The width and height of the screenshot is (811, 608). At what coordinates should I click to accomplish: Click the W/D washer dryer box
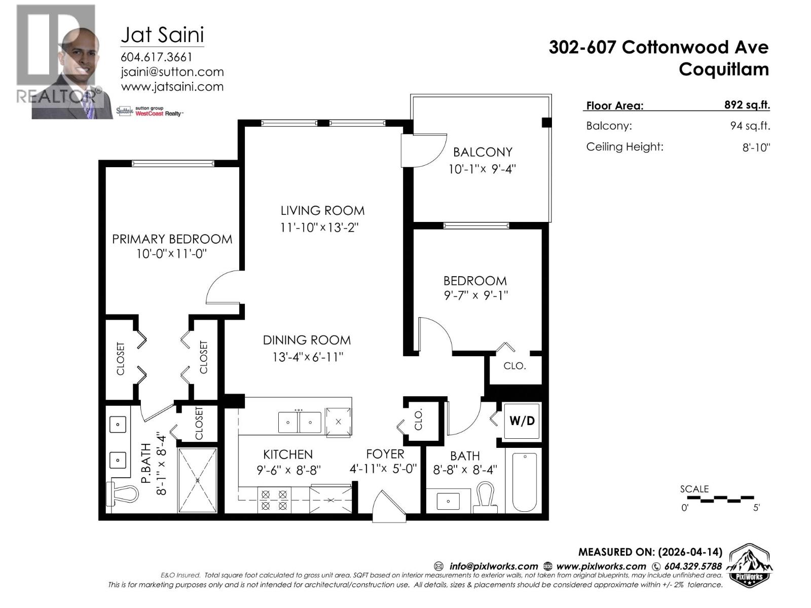[x=522, y=421]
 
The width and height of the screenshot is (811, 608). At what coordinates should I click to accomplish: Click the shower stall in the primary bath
[x=198, y=479]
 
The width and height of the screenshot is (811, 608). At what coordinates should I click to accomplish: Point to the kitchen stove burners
[x=274, y=499]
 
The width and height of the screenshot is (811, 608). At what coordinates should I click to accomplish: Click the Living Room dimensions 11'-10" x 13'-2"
[x=319, y=227]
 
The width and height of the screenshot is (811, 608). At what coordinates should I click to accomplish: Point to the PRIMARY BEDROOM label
[x=172, y=239]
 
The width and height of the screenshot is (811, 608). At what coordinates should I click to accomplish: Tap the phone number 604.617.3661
[x=156, y=57]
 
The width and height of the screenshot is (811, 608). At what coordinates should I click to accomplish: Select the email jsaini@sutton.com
[x=172, y=72]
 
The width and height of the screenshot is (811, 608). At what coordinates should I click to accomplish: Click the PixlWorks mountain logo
[x=750, y=565]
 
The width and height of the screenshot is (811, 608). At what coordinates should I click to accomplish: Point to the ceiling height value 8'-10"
[x=756, y=147]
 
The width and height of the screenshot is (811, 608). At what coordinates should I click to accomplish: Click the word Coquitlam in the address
[x=723, y=69]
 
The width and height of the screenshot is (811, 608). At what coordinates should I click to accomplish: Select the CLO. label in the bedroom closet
[x=514, y=366]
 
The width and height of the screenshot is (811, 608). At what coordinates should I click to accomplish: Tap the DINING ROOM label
[x=307, y=340]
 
